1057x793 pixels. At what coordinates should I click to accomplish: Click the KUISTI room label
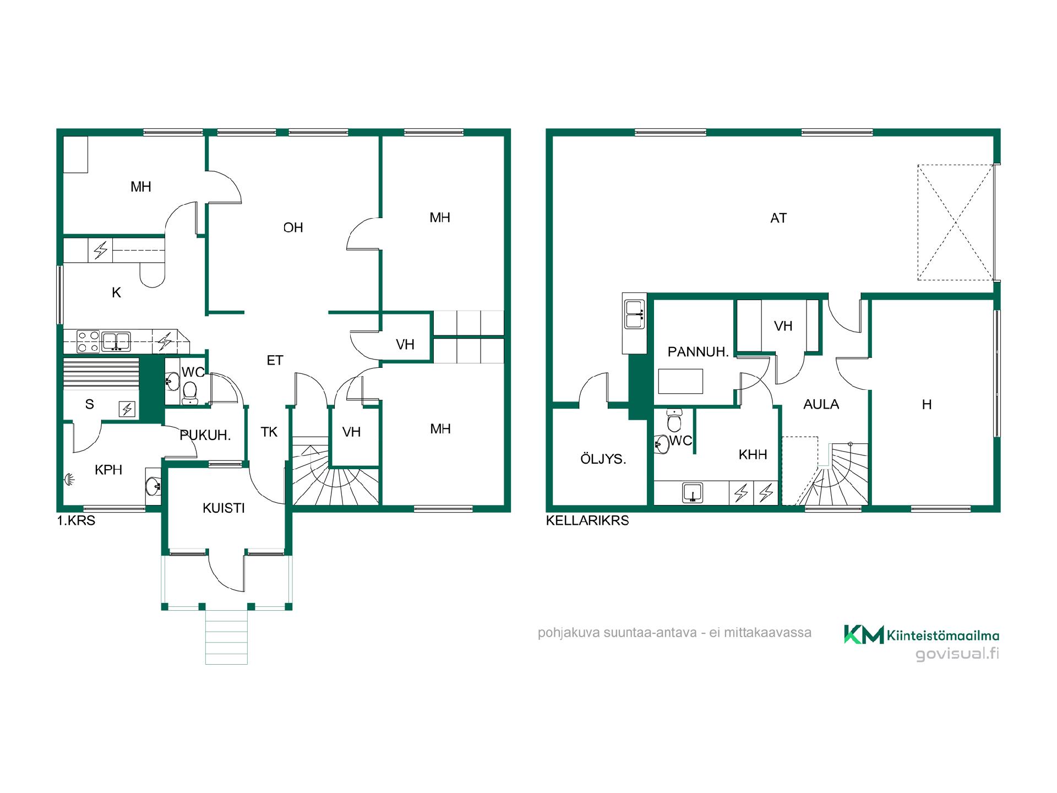click(x=224, y=508)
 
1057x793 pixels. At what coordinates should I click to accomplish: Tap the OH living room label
click(x=293, y=227)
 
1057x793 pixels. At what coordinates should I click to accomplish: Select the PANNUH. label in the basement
click(x=698, y=352)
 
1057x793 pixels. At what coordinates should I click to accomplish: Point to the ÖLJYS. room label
click(x=603, y=458)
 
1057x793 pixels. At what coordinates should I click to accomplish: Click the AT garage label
click(x=778, y=218)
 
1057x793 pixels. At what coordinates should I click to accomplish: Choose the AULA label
click(x=821, y=404)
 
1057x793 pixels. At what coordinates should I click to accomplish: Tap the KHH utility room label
click(x=753, y=454)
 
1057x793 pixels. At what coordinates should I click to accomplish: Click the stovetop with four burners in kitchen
click(x=88, y=341)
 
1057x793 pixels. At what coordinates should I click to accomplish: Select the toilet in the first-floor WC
click(x=190, y=392)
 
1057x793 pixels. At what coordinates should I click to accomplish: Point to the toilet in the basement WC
click(x=674, y=420)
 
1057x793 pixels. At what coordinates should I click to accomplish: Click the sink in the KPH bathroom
click(x=153, y=486)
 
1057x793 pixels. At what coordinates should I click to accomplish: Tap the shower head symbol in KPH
click(x=69, y=480)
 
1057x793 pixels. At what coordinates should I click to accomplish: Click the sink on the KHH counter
click(x=692, y=492)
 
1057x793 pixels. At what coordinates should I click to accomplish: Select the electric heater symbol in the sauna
click(x=127, y=409)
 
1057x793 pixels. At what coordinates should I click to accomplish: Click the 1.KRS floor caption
click(x=76, y=520)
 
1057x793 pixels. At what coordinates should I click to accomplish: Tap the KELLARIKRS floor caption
click(x=587, y=520)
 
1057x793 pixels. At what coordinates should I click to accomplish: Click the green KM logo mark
click(x=864, y=634)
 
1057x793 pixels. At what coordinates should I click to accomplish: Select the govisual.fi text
click(x=957, y=654)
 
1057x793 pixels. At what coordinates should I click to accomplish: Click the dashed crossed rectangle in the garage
click(x=956, y=222)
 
